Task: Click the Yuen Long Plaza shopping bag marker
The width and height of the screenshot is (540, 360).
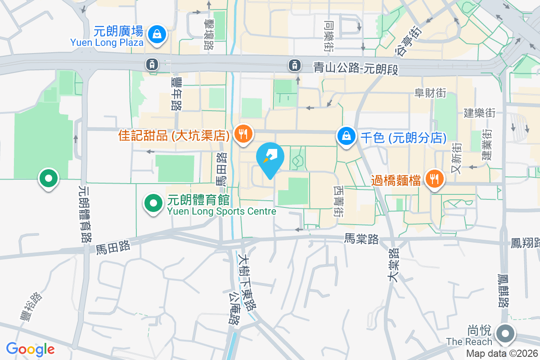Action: pos(157,34)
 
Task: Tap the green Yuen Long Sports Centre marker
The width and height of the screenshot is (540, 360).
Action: pos(153,203)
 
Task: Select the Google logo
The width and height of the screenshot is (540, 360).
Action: pos(30,349)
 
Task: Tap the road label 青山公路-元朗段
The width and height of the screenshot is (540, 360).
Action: pos(356,68)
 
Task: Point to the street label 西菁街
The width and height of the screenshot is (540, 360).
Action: pos(339,202)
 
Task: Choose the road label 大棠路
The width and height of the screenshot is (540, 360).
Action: pos(393,265)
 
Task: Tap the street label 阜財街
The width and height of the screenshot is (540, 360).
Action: pos(430,93)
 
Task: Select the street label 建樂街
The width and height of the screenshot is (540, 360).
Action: pos(480,112)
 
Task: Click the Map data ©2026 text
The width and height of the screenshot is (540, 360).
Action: pos(502,354)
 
